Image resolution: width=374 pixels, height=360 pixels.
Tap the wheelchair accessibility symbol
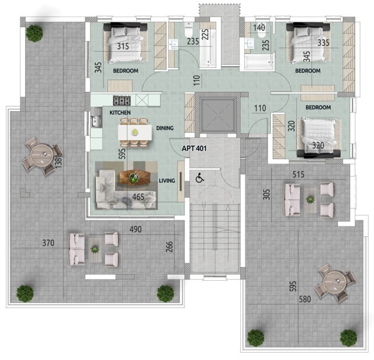click(200, 178)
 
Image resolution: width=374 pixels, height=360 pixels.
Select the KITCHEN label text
click(120, 113)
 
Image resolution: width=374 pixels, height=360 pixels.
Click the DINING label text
click(165, 128)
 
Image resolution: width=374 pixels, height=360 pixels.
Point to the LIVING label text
click(167, 181)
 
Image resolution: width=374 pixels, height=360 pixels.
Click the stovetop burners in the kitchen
click(122, 101)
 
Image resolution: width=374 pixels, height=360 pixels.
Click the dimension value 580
click(305, 299)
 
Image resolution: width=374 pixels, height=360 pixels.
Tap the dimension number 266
click(169, 247)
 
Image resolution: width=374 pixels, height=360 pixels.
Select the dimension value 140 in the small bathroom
click(260, 27)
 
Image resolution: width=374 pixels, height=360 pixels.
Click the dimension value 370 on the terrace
click(48, 243)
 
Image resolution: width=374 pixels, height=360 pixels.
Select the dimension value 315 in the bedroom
click(124, 46)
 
